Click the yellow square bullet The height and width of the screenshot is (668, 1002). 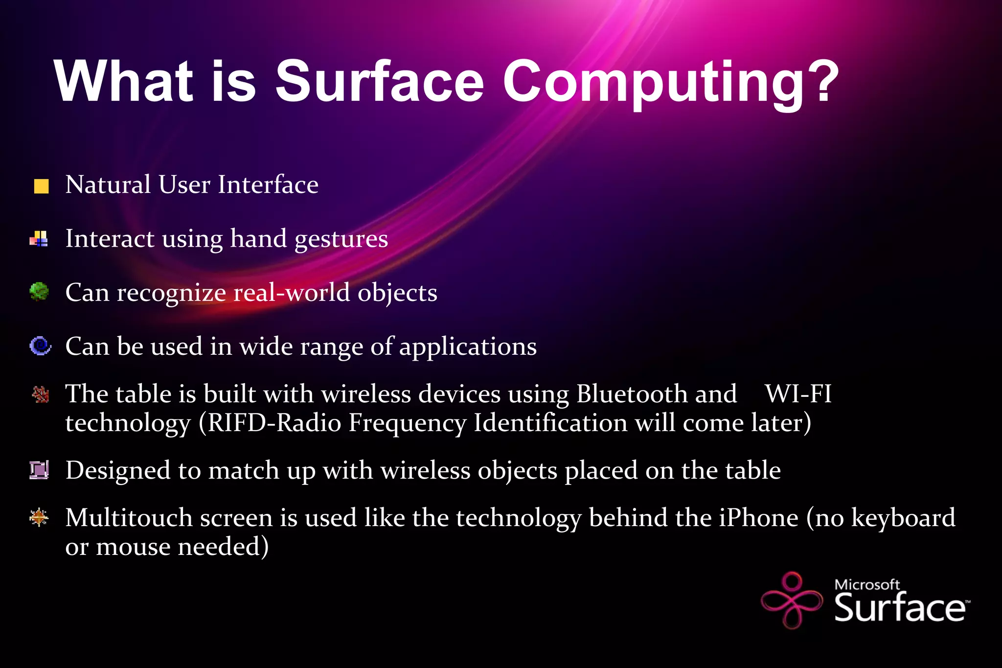(x=41, y=186)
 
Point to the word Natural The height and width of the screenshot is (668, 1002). (x=108, y=185)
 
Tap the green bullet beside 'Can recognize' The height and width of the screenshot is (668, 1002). (x=39, y=292)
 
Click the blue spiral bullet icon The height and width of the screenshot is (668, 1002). (x=40, y=346)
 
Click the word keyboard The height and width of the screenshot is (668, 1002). (x=903, y=518)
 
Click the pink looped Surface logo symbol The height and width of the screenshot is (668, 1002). (x=792, y=600)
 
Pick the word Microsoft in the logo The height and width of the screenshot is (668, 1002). (x=866, y=584)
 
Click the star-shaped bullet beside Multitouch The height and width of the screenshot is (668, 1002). (x=39, y=517)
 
